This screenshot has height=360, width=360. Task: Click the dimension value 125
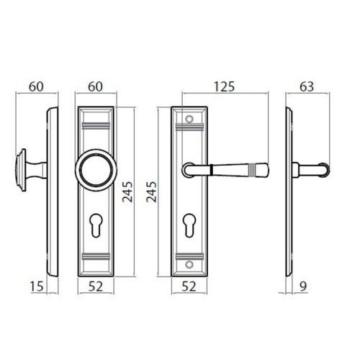(x=224, y=86)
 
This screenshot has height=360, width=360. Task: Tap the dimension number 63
(x=307, y=86)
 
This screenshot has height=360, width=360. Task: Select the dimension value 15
(x=37, y=287)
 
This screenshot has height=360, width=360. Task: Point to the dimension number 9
(x=303, y=287)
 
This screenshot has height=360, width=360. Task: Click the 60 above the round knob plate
(x=95, y=86)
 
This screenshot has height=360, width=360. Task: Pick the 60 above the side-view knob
(x=36, y=86)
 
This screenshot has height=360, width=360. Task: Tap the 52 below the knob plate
(x=96, y=287)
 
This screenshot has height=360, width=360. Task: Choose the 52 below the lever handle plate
(x=189, y=287)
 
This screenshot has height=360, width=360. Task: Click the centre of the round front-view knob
(x=96, y=170)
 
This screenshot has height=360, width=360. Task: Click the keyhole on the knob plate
(x=96, y=225)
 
